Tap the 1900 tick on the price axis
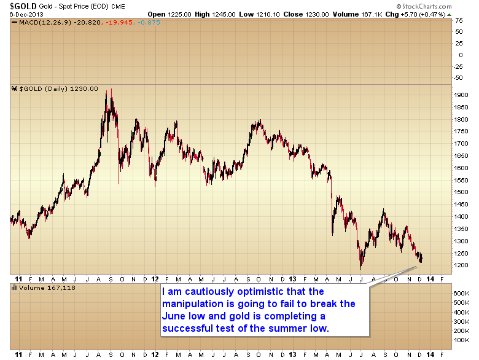461,95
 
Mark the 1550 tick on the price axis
461,179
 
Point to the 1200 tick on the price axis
461,265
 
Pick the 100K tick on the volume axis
462,339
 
